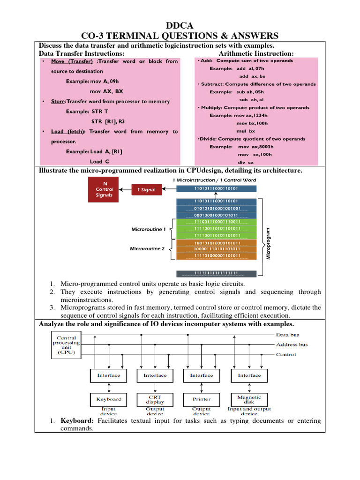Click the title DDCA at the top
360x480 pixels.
[180, 25]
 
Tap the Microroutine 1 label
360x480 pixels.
[148, 229]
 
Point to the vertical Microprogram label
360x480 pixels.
[268, 244]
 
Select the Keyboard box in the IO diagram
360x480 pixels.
[109, 399]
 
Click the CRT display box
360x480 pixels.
[155, 399]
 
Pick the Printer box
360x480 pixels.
[201, 399]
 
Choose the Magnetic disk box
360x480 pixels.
[249, 399]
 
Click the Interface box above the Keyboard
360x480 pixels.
[109, 375]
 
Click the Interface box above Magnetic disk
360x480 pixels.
[249, 375]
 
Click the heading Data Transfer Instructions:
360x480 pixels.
[81, 54]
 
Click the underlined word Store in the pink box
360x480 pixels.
[58, 101]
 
